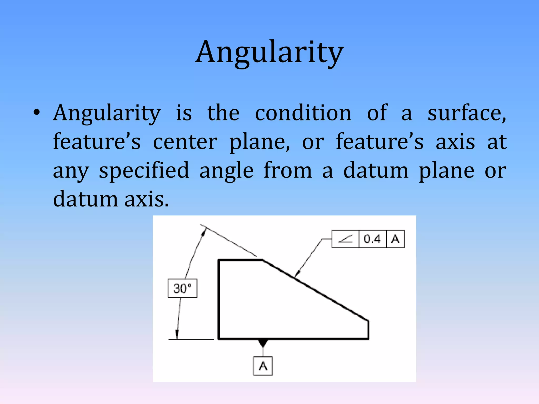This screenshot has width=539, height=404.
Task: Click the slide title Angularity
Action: tap(269, 53)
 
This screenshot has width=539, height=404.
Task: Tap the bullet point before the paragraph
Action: tap(37, 113)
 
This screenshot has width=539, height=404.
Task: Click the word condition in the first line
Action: tap(303, 113)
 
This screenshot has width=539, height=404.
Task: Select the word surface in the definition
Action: tap(466, 113)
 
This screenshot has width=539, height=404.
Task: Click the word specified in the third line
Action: tap(144, 171)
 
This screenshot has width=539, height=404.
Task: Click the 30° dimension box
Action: tap(182, 288)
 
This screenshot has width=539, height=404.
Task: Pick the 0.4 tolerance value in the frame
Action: tap(372, 239)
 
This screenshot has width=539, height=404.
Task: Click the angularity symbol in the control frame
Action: tap(345, 239)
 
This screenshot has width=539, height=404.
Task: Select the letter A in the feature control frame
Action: tap(395, 239)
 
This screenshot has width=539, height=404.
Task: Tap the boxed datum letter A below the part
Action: tap(263, 366)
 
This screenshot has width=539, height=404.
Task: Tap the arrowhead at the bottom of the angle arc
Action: tap(177, 334)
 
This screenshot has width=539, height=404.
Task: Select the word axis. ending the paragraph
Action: tap(146, 199)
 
